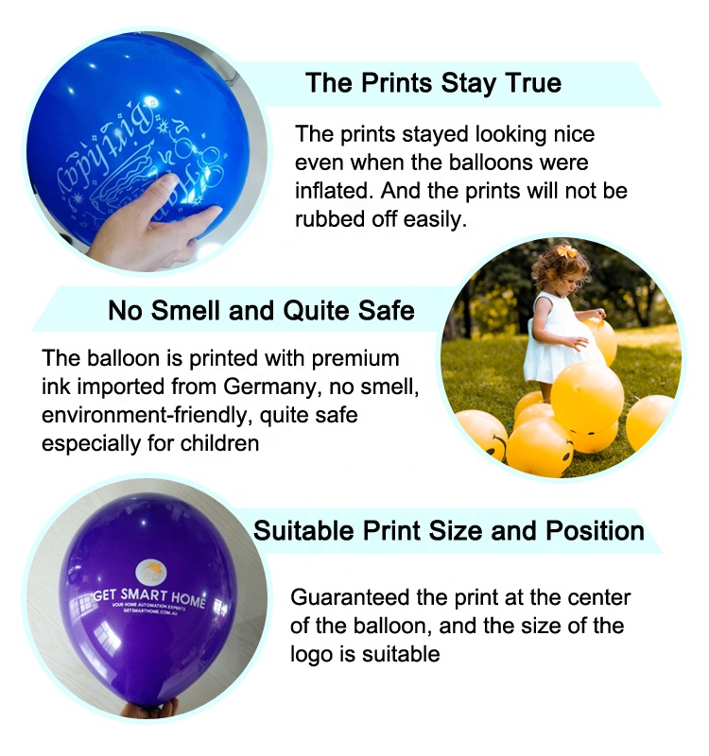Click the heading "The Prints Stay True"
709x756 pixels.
(x=433, y=82)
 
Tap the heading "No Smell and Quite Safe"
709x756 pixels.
(x=261, y=309)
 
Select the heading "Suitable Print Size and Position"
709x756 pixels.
(x=448, y=529)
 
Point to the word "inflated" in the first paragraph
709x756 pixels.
(x=331, y=191)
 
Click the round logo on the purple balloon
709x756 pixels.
(x=151, y=571)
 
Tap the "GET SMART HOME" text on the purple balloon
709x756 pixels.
(x=149, y=596)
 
